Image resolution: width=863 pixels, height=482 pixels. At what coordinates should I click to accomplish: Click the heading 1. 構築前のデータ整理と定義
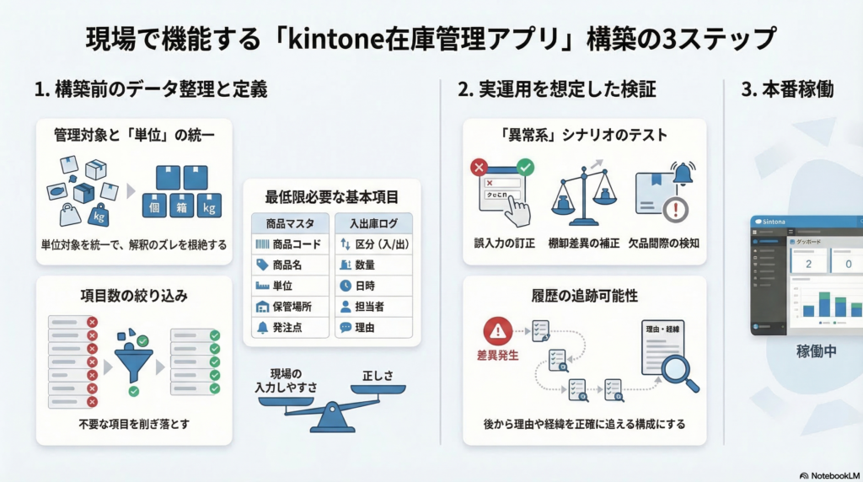pyautogui.click(x=151, y=89)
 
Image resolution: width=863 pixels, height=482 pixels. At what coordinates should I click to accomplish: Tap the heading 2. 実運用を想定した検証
pyautogui.click(x=556, y=89)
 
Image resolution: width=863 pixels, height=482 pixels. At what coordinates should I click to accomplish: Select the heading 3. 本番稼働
pyautogui.click(x=788, y=89)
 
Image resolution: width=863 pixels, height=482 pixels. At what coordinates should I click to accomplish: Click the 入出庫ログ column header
pyautogui.click(x=373, y=223)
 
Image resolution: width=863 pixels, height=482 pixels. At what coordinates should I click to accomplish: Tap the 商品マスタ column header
pyautogui.click(x=289, y=223)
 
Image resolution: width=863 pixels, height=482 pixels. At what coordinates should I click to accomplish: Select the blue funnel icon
pyautogui.click(x=135, y=356)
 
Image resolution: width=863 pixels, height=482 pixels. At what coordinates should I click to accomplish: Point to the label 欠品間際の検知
pyautogui.click(x=666, y=244)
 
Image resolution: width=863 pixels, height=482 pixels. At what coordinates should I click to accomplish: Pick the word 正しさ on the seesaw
pyautogui.click(x=378, y=374)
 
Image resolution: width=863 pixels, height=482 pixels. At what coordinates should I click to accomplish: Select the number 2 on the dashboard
pyautogui.click(x=808, y=264)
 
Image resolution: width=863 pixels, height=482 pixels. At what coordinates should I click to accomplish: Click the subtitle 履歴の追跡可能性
pyautogui.click(x=584, y=296)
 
